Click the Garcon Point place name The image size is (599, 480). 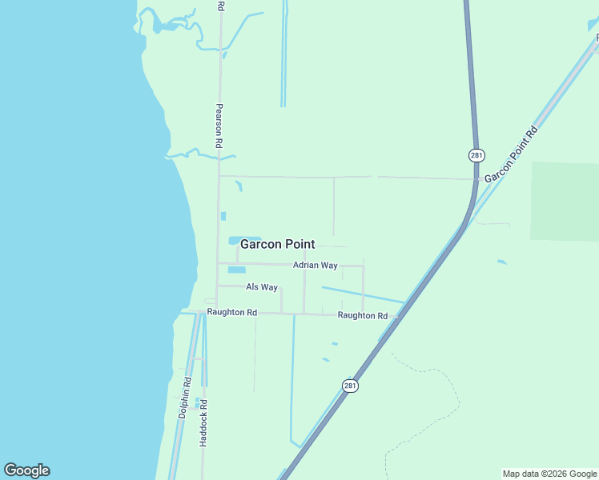pos(278,245)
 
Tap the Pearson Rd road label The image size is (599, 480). pos(218,124)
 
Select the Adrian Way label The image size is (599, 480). pos(315,265)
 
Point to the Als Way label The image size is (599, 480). pos(262,287)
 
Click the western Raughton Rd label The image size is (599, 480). pos(231,312)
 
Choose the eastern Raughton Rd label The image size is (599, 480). pos(362,315)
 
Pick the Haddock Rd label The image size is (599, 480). pos(203,422)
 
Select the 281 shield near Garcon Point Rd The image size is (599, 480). pos(476,154)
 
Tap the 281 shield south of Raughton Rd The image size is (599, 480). pos(350,386)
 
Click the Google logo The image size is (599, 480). pos(26,470)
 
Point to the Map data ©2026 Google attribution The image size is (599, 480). pos(549,474)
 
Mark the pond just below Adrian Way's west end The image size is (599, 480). pos(236,270)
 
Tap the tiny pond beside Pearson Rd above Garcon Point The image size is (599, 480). pos(223,216)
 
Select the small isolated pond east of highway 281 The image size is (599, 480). pos(501,262)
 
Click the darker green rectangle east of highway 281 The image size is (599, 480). pos(565,202)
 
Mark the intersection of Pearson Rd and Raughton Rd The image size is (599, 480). pos(217,311)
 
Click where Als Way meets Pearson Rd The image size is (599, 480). pos(218,286)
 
